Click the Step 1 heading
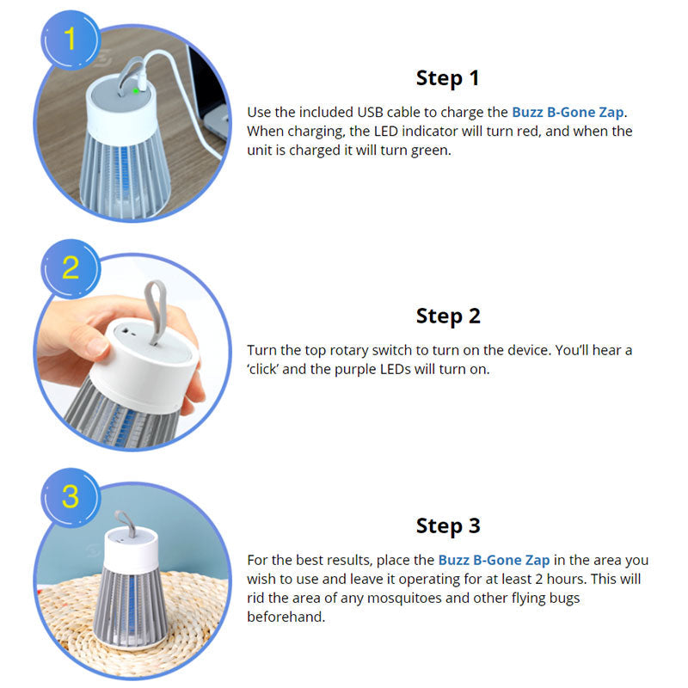click(447, 78)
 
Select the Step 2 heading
click(448, 316)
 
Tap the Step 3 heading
click(448, 526)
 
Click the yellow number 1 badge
click(71, 40)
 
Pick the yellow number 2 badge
click(71, 268)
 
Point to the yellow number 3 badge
click(71, 497)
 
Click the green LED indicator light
click(136, 91)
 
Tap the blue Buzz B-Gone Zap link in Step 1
click(568, 113)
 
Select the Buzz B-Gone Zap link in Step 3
click(494, 561)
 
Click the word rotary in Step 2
click(349, 351)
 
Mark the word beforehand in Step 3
click(286, 617)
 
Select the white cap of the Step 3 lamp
click(131, 550)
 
